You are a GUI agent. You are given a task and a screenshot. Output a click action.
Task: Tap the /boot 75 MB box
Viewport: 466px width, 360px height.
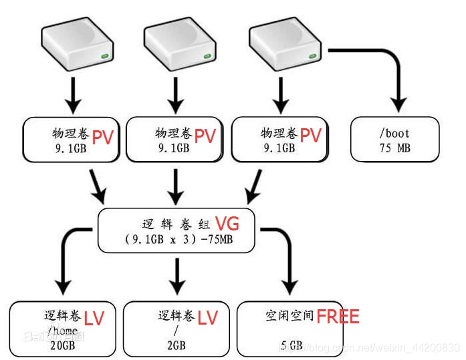[x=394, y=140]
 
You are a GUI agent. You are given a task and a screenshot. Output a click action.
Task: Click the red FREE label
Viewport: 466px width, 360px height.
[x=338, y=316]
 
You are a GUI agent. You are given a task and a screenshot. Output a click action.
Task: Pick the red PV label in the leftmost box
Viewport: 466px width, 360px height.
[x=102, y=137]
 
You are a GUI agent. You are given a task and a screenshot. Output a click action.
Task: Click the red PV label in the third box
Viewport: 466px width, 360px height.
[x=311, y=136]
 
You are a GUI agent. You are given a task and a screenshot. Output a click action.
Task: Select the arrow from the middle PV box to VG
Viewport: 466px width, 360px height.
[x=177, y=185]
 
